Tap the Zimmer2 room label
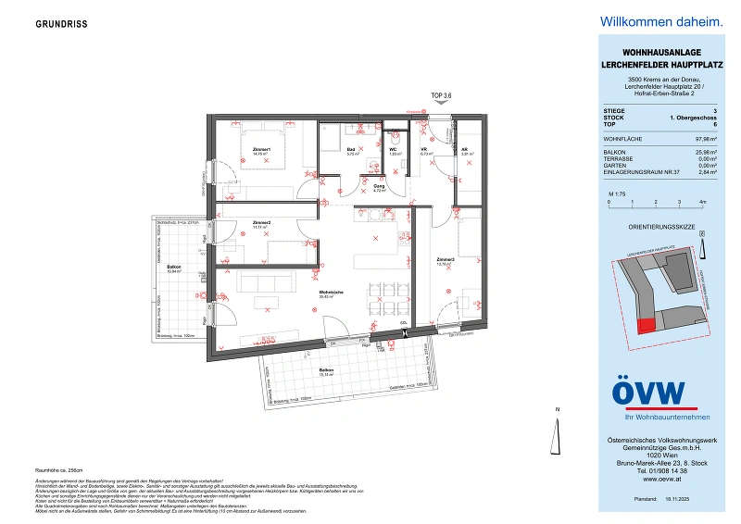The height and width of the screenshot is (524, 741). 261,222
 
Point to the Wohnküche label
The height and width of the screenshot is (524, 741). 332,293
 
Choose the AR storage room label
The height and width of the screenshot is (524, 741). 466,149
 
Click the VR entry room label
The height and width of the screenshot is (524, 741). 423,149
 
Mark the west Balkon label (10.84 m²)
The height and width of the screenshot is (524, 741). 174,268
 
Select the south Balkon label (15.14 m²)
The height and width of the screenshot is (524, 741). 326,370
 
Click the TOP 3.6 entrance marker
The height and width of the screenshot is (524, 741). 442,95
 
